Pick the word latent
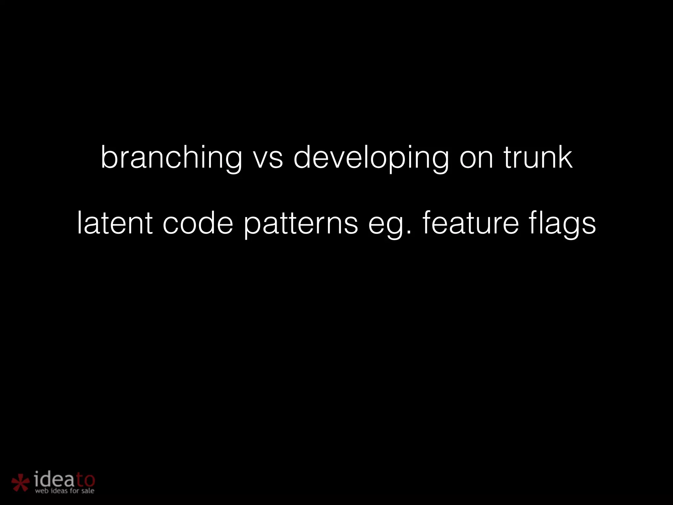(115, 224)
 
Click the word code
(198, 224)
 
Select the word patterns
(301, 225)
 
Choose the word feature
(471, 224)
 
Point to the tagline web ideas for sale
(64, 491)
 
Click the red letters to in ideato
(85, 480)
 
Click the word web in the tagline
(42, 491)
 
